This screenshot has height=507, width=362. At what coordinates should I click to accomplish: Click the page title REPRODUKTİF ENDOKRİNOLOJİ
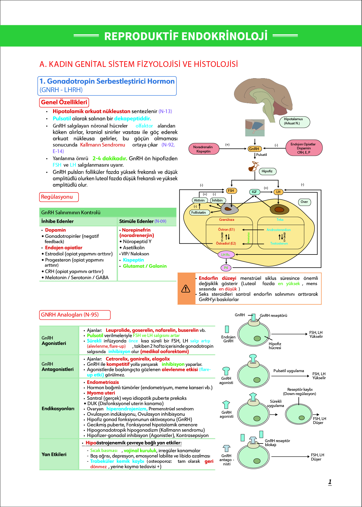tap(186, 36)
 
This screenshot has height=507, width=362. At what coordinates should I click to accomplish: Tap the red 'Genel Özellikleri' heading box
tap(64, 102)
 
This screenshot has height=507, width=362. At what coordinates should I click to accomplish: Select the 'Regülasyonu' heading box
tap(59, 197)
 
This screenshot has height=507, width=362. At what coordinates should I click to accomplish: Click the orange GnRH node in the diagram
tap(254, 149)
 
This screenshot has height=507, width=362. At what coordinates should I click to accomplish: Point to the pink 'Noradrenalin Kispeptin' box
tap(204, 149)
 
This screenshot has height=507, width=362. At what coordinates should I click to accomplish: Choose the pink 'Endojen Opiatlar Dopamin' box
tap(304, 148)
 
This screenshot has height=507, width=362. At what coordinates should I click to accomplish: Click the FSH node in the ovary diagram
tap(231, 191)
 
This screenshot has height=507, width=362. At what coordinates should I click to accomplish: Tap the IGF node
tap(254, 192)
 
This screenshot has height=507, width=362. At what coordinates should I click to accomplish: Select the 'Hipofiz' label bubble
tap(267, 171)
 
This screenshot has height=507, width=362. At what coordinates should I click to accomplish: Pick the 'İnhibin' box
tap(218, 200)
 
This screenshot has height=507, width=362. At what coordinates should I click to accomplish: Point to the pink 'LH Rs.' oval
tap(226, 254)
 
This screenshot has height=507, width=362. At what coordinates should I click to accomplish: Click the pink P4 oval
tap(226, 268)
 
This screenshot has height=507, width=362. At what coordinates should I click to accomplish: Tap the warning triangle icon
tap(186, 288)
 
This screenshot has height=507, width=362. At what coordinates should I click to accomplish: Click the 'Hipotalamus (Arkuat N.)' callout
tap(294, 122)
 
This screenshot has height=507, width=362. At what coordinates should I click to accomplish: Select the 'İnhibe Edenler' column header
tap(58, 221)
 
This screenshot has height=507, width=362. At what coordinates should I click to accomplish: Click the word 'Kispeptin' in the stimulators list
tap(133, 260)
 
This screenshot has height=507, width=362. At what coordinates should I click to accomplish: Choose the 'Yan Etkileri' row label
tap(54, 454)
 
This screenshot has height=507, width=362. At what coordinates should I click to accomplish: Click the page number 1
tap(330, 482)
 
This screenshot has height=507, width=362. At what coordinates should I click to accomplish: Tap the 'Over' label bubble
tap(304, 202)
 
